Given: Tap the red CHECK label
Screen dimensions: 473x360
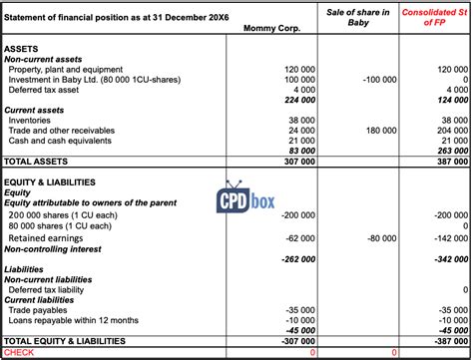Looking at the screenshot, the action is (x=20, y=352).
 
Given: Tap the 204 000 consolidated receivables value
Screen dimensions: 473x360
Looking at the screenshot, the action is (x=449, y=130).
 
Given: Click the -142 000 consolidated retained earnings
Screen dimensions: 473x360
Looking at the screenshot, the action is (x=447, y=239).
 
